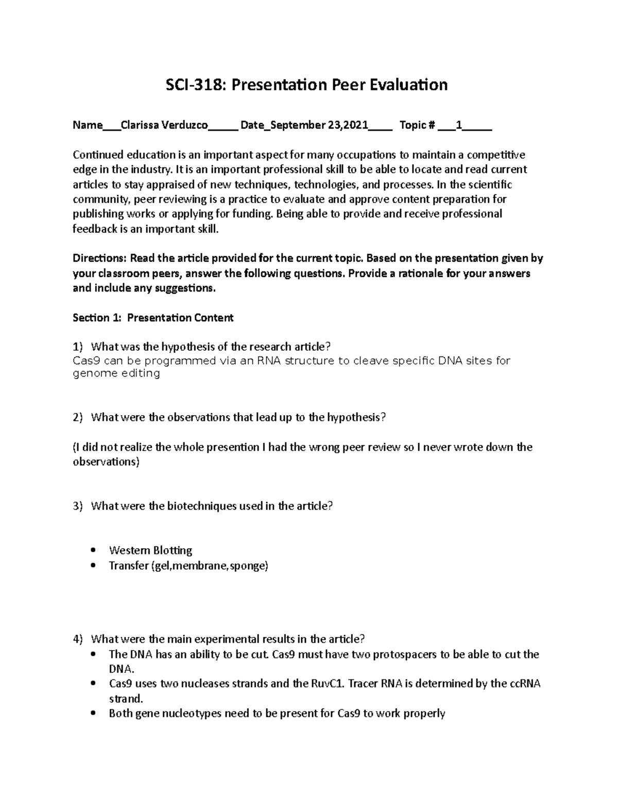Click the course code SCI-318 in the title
(x=197, y=84)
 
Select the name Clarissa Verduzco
(x=164, y=125)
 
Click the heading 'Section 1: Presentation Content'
(x=153, y=318)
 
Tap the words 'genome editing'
(x=116, y=373)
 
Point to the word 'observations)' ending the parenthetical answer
(x=106, y=462)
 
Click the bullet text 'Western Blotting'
(x=150, y=551)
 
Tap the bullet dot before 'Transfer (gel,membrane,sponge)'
(x=93, y=566)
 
